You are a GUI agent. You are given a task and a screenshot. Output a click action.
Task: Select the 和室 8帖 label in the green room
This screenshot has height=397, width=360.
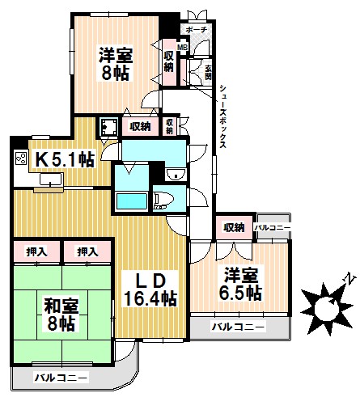(58, 314)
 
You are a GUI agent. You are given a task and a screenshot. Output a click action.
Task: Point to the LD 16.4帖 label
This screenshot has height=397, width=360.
(150, 289)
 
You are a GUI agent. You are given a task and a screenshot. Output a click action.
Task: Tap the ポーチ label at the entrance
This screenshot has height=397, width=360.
(197, 30)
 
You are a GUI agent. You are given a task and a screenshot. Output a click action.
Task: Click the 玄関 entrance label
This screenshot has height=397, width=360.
(207, 71)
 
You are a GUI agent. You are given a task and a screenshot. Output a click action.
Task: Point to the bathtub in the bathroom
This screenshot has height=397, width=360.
(129, 201)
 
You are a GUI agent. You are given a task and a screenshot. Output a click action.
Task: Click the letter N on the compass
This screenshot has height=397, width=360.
(346, 280)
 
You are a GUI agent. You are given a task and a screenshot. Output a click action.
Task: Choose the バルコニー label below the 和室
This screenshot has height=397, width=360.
(61, 377)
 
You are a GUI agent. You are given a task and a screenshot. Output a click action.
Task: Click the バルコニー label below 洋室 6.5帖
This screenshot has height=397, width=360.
(238, 327)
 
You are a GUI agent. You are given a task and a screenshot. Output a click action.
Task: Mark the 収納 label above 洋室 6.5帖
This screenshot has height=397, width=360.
(235, 226)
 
